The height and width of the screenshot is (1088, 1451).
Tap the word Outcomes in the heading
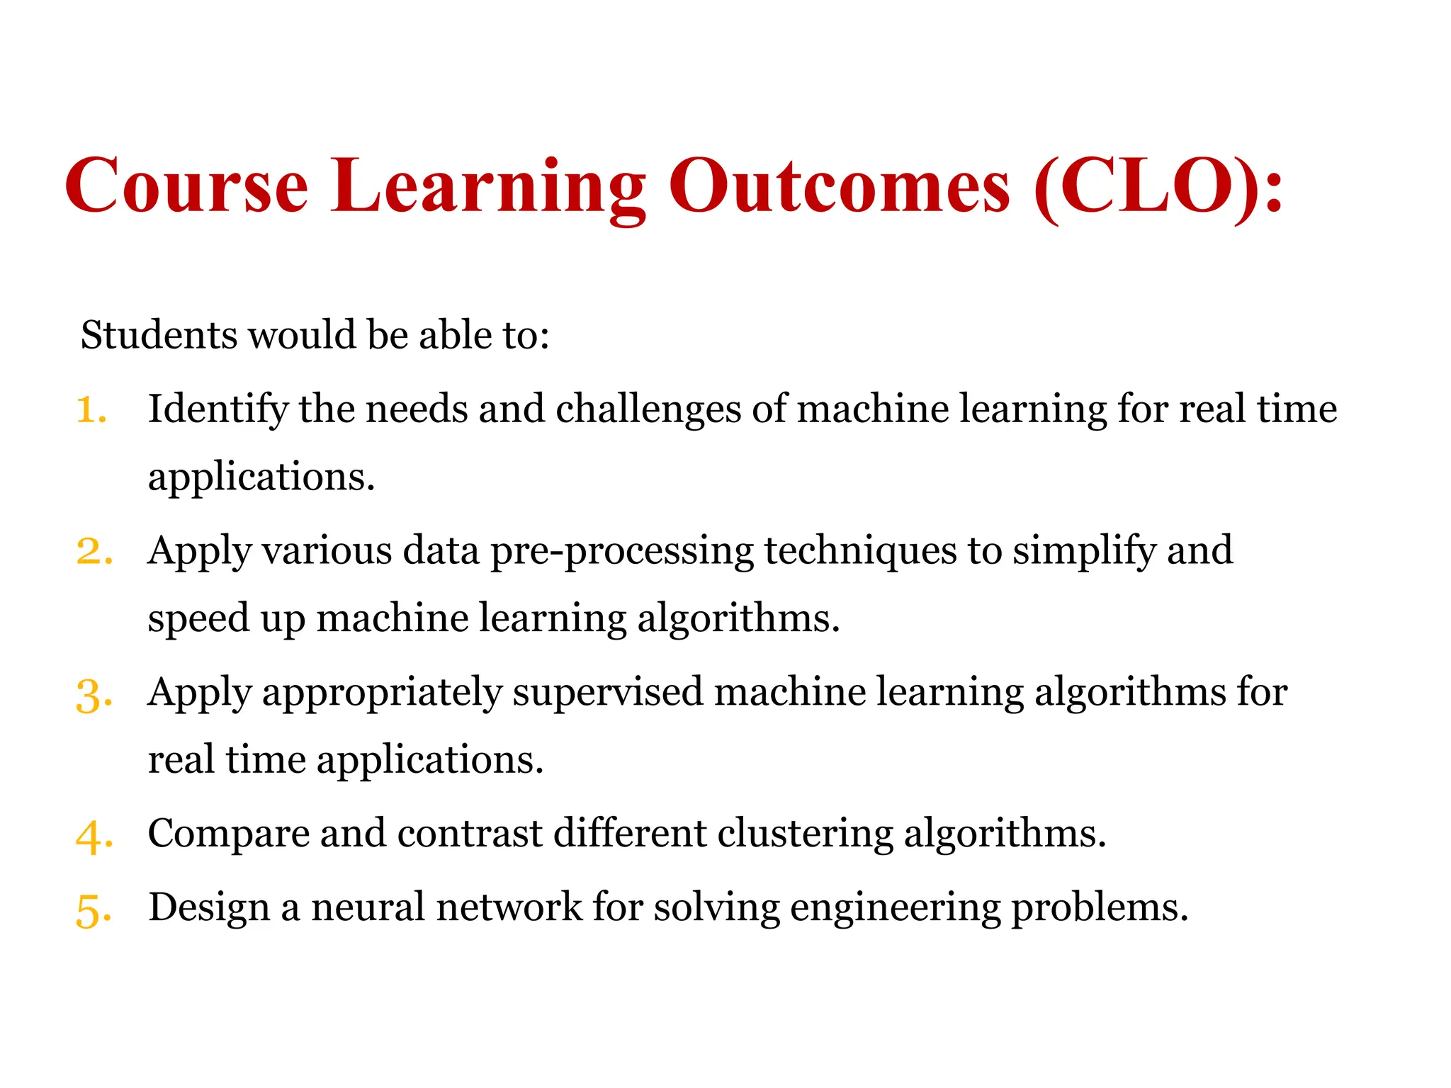(839, 186)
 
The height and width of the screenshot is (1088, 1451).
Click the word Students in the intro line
(159, 334)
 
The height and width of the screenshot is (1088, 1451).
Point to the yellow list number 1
(91, 410)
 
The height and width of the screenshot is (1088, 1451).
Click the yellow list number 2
(93, 552)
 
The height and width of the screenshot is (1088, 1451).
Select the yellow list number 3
(93, 694)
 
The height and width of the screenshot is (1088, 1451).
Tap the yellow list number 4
(93, 836)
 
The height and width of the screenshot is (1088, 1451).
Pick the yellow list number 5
(93, 909)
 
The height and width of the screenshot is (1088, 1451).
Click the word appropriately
(382, 693)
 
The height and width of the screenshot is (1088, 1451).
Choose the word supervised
(607, 693)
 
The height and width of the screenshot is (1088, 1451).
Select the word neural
(368, 907)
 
